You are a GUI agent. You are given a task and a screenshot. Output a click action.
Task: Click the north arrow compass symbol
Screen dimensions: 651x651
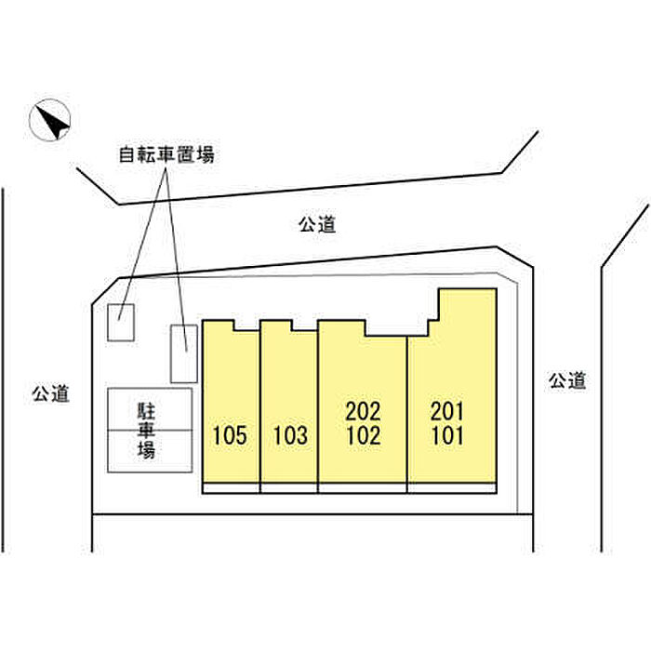coord(50,120)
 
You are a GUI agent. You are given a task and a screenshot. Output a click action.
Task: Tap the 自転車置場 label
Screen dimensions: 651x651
coord(166,155)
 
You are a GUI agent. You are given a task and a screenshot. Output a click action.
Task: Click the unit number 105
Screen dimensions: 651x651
coord(230,435)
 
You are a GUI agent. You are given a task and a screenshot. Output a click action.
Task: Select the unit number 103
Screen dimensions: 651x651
coord(290,435)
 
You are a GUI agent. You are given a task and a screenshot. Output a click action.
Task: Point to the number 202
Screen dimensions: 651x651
coord(364,411)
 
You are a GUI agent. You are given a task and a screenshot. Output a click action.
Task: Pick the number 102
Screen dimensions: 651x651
coord(364,435)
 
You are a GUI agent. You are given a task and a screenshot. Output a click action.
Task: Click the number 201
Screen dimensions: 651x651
coord(447,411)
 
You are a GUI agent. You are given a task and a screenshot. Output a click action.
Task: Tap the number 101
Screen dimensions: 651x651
coord(447,435)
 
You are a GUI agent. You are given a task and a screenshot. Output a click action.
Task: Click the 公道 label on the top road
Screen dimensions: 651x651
coord(317,225)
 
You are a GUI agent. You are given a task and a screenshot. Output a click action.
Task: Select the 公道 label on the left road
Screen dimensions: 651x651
coord(50,393)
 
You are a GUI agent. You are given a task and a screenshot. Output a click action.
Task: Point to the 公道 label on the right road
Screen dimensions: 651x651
coord(567,380)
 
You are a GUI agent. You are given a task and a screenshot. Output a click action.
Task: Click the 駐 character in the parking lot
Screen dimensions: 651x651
coord(146,411)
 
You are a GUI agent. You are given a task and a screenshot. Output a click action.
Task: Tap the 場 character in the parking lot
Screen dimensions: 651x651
coord(146,449)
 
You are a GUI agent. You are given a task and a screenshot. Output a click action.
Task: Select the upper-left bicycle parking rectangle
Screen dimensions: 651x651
coord(121,323)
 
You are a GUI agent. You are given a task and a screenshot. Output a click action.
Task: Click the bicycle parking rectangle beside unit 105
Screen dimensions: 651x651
coord(184,353)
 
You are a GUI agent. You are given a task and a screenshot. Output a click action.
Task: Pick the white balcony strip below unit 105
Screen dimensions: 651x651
coord(231,488)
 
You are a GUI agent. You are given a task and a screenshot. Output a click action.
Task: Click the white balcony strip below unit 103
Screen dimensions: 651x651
coord(289,488)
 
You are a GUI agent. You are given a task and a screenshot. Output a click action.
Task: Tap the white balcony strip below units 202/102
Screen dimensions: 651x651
coord(363,488)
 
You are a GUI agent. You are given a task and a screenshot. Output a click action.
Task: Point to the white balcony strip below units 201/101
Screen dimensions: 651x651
coord(452,488)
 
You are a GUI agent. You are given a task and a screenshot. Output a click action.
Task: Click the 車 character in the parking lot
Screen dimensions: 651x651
coord(146,430)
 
